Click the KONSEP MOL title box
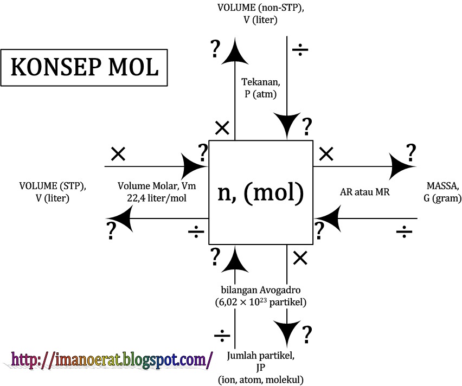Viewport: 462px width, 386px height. (x=84, y=68)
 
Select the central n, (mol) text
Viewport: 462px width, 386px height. (x=261, y=192)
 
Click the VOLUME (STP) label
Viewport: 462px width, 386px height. (x=53, y=186)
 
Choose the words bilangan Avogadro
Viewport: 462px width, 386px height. (x=261, y=289)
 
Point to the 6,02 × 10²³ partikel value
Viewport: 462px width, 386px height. (x=261, y=301)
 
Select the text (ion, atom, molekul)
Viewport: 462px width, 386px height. (x=261, y=379)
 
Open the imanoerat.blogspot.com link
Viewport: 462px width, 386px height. (x=112, y=359)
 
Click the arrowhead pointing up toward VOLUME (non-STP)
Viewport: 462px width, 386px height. (x=235, y=52)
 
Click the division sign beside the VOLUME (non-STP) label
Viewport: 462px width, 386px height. (x=300, y=50)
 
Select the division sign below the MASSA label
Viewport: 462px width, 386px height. (x=403, y=234)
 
